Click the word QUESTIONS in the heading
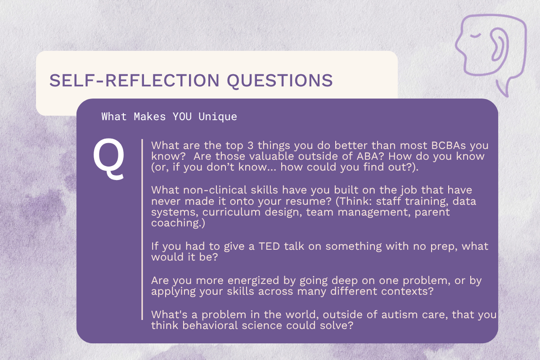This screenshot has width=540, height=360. pyautogui.click(x=280, y=81)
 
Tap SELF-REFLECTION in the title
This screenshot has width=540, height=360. pyautogui.click(x=134, y=80)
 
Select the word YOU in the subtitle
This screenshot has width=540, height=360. pyautogui.click(x=182, y=117)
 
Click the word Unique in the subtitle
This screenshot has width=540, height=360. pyautogui.click(x=218, y=117)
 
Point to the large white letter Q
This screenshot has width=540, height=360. pyautogui.click(x=109, y=159)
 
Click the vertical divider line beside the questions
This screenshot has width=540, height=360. pyautogui.click(x=142, y=229)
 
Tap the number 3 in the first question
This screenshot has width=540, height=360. pyautogui.click(x=251, y=145)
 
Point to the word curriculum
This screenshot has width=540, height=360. pyautogui.click(x=231, y=212)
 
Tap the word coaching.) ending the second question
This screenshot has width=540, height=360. pyautogui.click(x=178, y=223)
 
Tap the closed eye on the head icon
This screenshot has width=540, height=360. pyautogui.click(x=475, y=36)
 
